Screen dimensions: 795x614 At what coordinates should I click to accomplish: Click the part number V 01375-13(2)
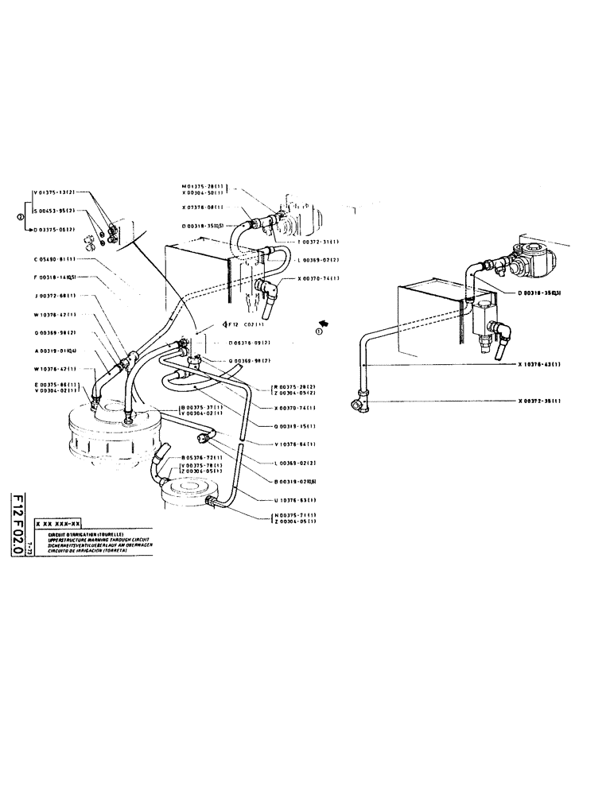(x=56, y=192)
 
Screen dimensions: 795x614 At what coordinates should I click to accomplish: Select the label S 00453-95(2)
(x=56, y=211)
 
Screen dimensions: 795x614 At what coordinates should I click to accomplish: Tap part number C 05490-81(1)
(x=55, y=259)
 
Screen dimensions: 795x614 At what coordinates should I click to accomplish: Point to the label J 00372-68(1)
(x=55, y=296)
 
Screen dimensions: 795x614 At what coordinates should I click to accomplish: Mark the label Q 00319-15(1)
(x=295, y=425)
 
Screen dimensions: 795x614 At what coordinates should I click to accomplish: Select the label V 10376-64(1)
(x=295, y=444)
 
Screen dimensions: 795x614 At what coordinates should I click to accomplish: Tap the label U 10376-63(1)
(x=295, y=500)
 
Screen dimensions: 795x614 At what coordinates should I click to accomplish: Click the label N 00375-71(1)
(x=295, y=515)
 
